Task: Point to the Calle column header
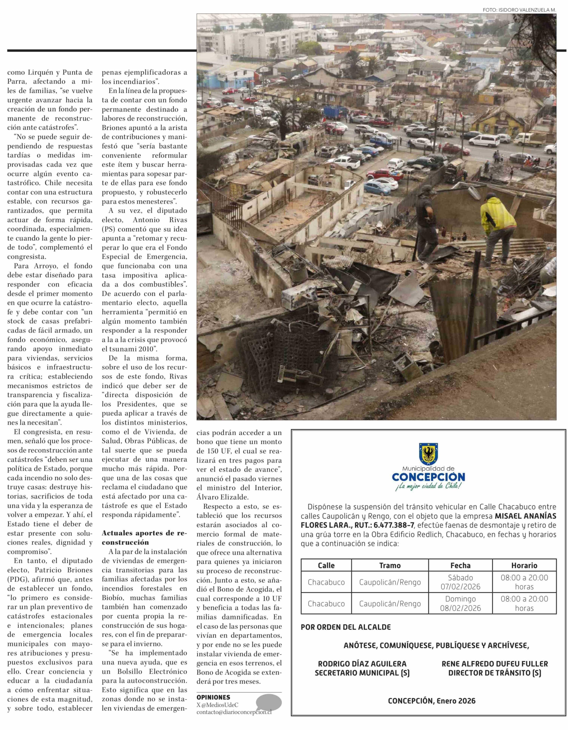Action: coord(326,566)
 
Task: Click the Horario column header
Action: coord(524,566)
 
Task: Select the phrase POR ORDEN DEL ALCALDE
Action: coord(346,627)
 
